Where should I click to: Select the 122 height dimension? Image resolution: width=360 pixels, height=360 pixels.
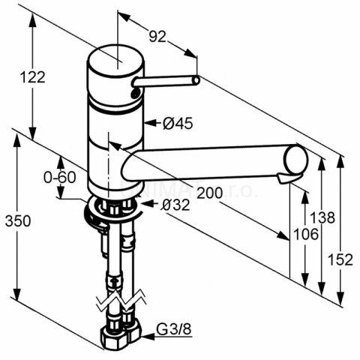pos(33,76)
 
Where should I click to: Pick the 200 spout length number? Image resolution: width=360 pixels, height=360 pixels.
pos(210,193)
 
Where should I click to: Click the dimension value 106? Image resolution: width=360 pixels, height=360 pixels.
pos(305,234)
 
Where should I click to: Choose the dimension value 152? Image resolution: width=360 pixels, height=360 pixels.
pos(343,258)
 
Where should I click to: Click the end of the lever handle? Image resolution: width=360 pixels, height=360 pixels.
pos(196,80)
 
